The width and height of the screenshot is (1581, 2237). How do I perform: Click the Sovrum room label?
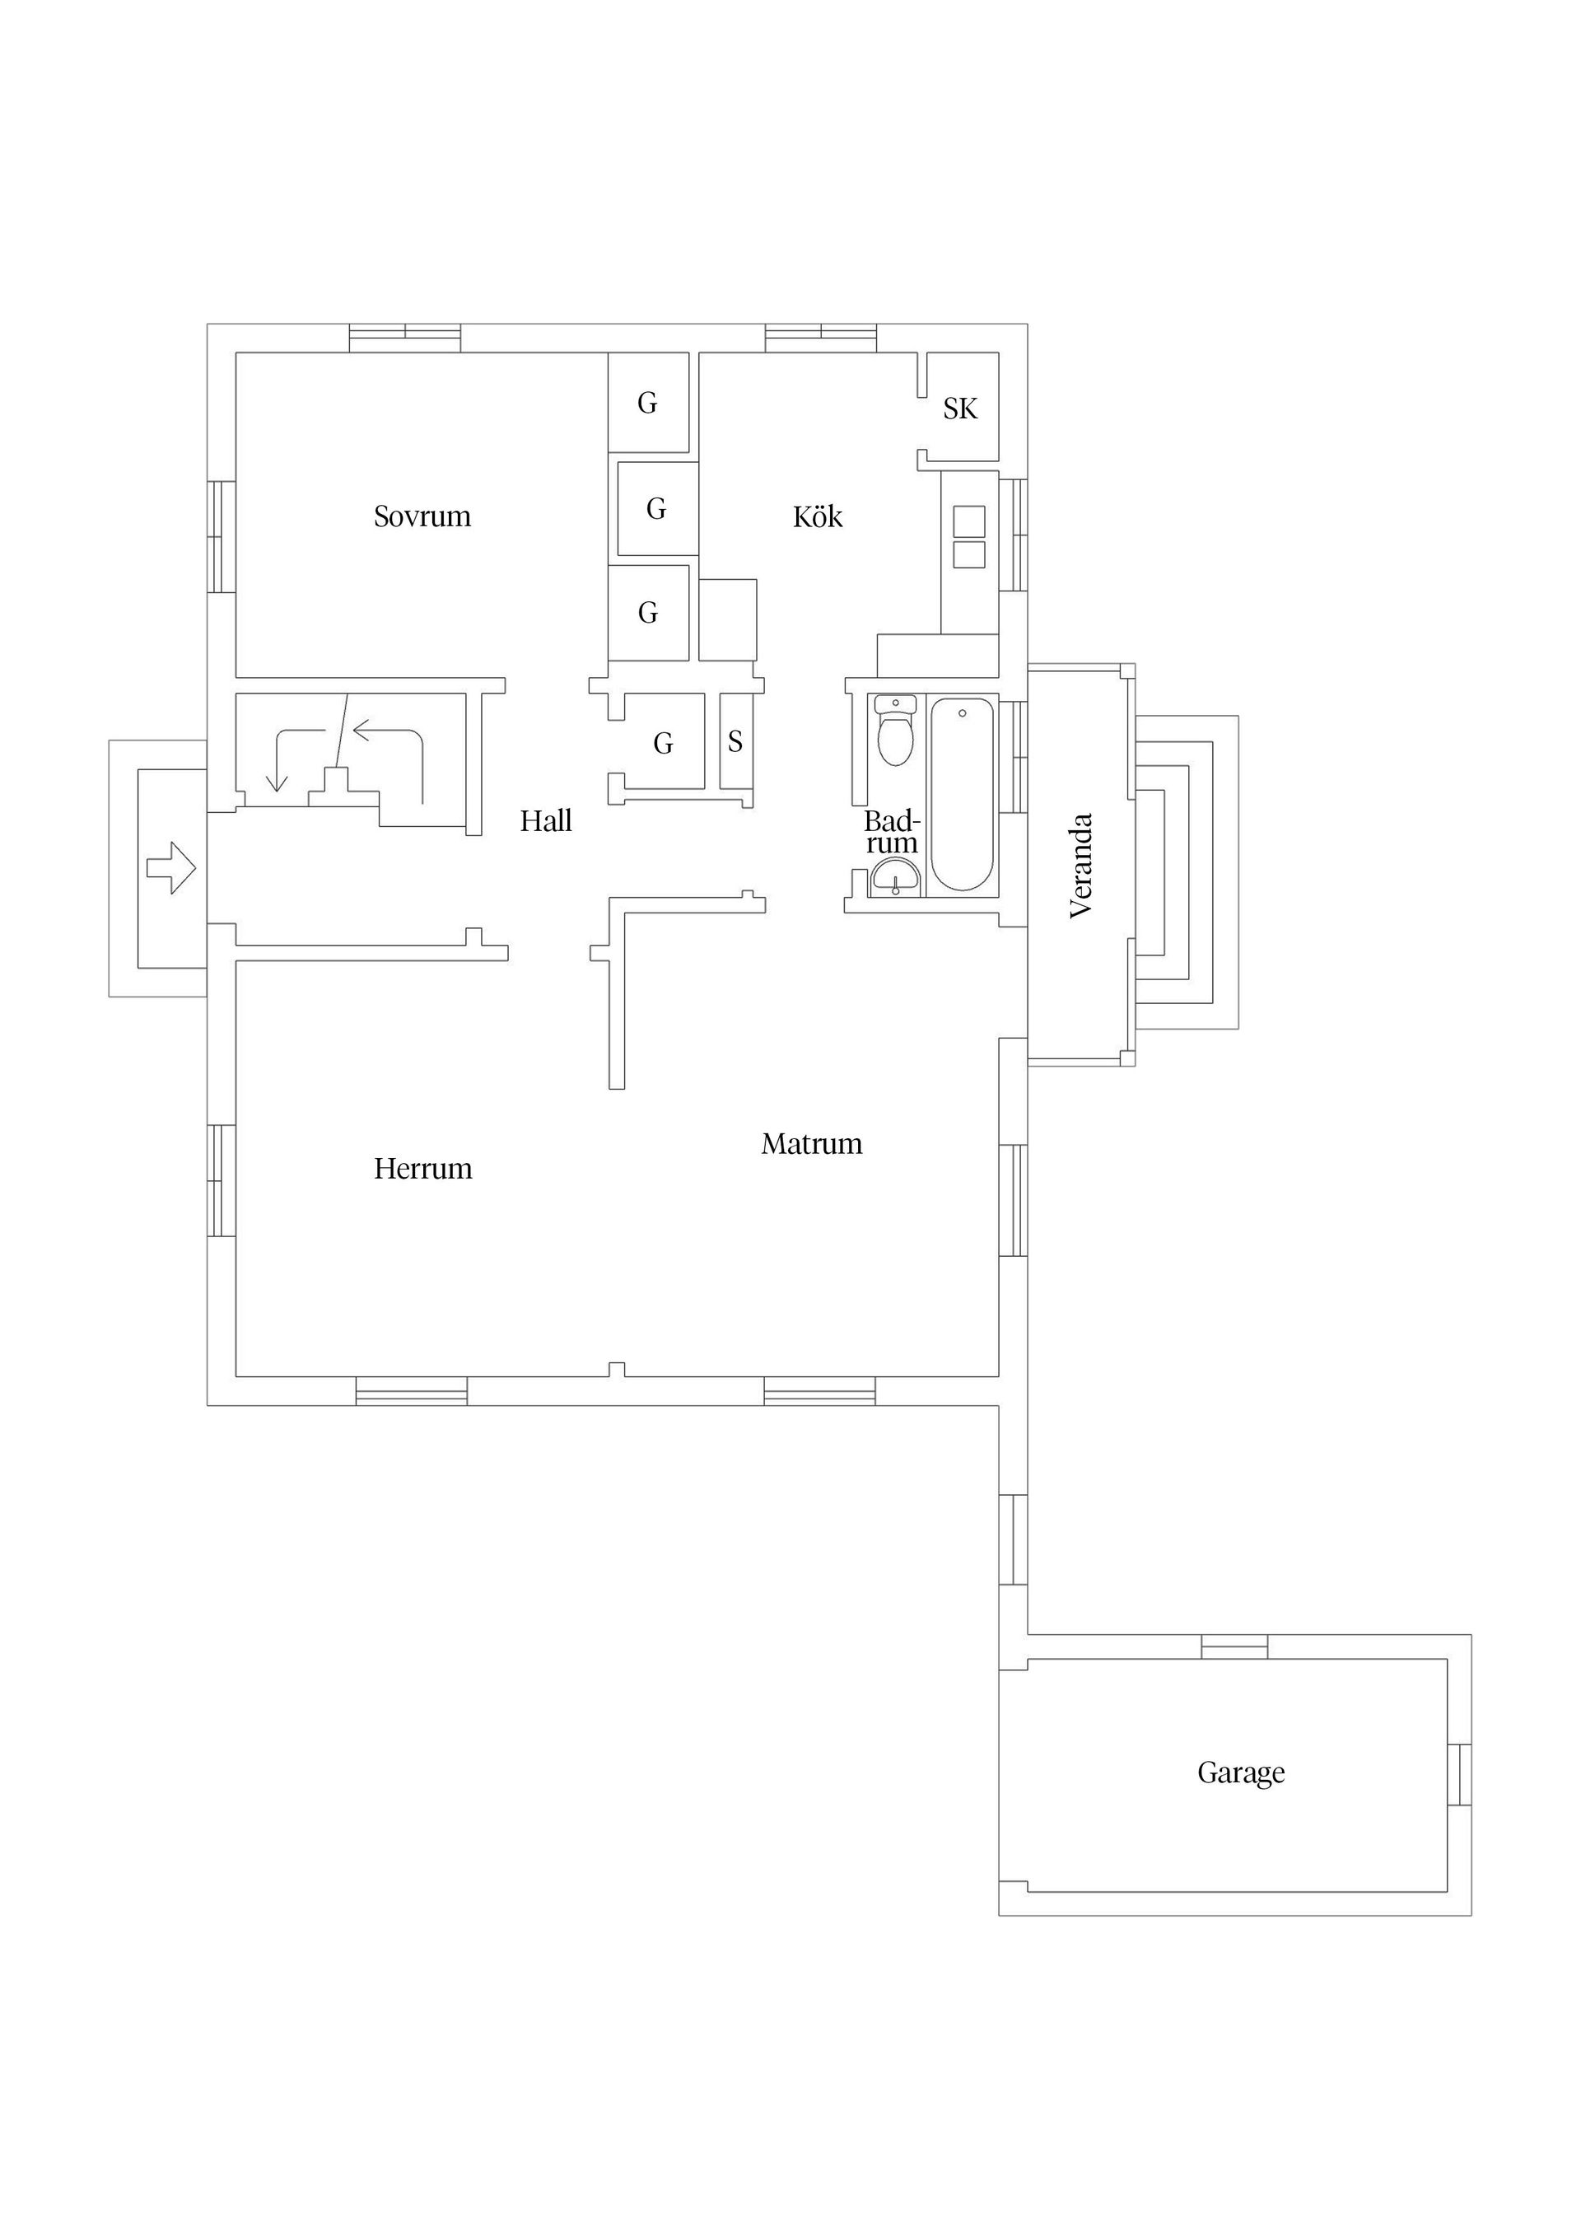tap(422, 516)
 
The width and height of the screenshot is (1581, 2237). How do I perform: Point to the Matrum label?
tap(811, 1143)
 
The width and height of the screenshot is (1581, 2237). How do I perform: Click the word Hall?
tap(545, 820)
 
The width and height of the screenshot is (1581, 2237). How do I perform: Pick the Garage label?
tap(1240, 1772)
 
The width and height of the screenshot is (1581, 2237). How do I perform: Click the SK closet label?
tap(959, 409)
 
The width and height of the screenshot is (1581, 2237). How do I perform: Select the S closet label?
tap(735, 741)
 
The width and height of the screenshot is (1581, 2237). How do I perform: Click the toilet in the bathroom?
tap(895, 731)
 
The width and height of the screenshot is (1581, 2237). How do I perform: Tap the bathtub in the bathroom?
tap(962, 793)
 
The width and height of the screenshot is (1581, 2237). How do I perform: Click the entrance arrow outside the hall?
tap(171, 867)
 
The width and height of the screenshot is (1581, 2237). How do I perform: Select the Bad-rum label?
tap(891, 832)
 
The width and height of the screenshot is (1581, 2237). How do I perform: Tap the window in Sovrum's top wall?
tap(404, 337)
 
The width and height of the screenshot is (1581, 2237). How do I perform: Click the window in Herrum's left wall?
tap(222, 1181)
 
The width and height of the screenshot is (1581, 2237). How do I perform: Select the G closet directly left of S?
tap(664, 744)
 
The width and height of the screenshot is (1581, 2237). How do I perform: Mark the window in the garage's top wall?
tap(1234, 1646)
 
